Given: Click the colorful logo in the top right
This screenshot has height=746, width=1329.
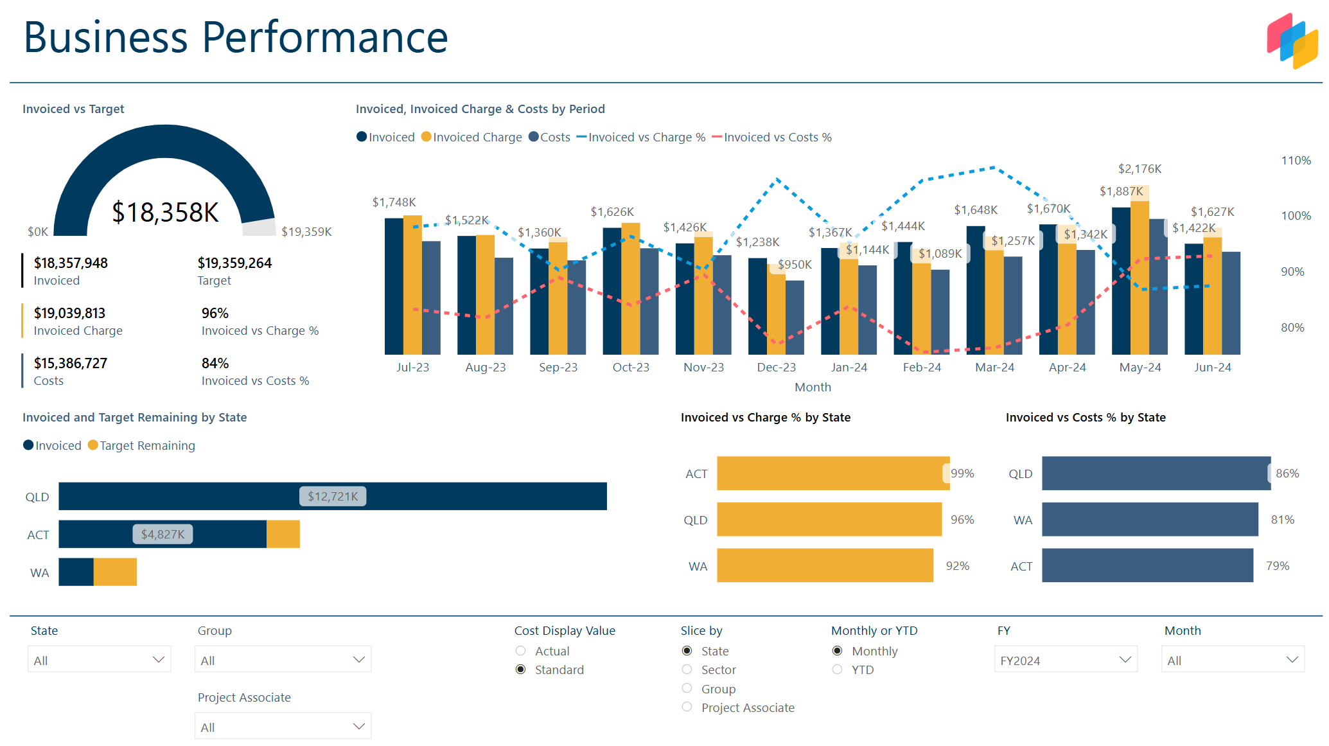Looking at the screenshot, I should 1292,40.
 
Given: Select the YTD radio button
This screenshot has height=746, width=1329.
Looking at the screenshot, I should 837,670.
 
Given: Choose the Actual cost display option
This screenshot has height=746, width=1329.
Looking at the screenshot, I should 521,651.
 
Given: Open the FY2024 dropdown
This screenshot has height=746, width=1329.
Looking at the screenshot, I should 1065,660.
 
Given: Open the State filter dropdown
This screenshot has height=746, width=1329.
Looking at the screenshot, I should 99,660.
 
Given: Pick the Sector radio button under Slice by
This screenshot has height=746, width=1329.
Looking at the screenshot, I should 687,670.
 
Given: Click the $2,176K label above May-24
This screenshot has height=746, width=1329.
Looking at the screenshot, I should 1140,169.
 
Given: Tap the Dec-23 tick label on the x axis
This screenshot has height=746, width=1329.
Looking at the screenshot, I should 776,368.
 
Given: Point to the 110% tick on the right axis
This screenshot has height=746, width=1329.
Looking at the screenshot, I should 1296,161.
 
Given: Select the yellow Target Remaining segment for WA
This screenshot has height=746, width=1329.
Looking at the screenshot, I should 115,572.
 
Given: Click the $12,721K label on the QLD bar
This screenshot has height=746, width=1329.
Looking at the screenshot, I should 333,496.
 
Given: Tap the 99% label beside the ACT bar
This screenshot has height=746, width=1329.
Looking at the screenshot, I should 962,474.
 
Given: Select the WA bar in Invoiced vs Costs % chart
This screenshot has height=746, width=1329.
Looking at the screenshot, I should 1149,519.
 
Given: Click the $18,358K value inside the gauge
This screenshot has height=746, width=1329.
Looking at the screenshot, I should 165,213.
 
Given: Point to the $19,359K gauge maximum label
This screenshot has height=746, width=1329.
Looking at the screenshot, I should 306,232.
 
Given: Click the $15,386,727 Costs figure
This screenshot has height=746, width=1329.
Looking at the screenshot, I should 71,364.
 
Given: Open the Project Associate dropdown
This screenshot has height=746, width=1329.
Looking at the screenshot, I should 283,727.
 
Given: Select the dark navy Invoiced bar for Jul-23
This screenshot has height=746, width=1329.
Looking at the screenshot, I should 393,287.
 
